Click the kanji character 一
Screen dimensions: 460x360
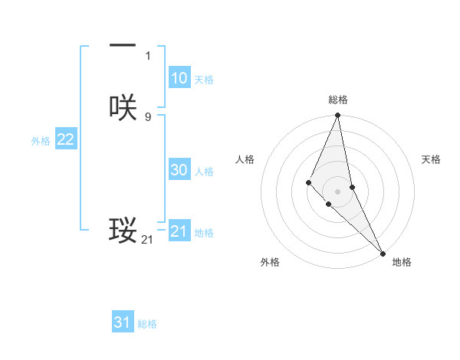pyautogui.click(x=123, y=48)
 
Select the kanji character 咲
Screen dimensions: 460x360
pyautogui.click(x=123, y=107)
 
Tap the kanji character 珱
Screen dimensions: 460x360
pyautogui.click(x=123, y=230)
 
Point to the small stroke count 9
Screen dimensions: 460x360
pyautogui.click(x=148, y=117)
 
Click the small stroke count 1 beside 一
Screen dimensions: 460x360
pyautogui.click(x=148, y=56)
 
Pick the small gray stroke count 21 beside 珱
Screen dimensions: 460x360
pyautogui.click(x=147, y=240)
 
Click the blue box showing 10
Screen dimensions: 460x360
pyautogui.click(x=179, y=78)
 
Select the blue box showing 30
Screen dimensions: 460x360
pyautogui.click(x=179, y=170)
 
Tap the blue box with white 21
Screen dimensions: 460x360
pyautogui.click(x=179, y=231)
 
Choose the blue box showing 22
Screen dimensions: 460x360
pyautogui.click(x=65, y=139)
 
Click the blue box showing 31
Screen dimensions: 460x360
pyautogui.click(x=123, y=322)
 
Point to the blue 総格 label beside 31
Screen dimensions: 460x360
pyautogui.click(x=147, y=324)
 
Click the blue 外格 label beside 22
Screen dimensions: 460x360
pyautogui.click(x=41, y=141)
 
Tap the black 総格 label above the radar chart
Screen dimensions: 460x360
pyautogui.click(x=338, y=100)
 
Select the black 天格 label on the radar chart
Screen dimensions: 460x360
pyautogui.click(x=431, y=159)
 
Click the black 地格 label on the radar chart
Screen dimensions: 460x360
pyautogui.click(x=402, y=262)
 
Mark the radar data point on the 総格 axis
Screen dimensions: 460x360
pyautogui.click(x=338, y=116)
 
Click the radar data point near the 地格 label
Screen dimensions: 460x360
pyautogui.click(x=383, y=253)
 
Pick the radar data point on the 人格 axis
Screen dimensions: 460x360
pyautogui.click(x=308, y=182)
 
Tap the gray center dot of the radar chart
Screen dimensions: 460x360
pyautogui.click(x=338, y=191)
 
